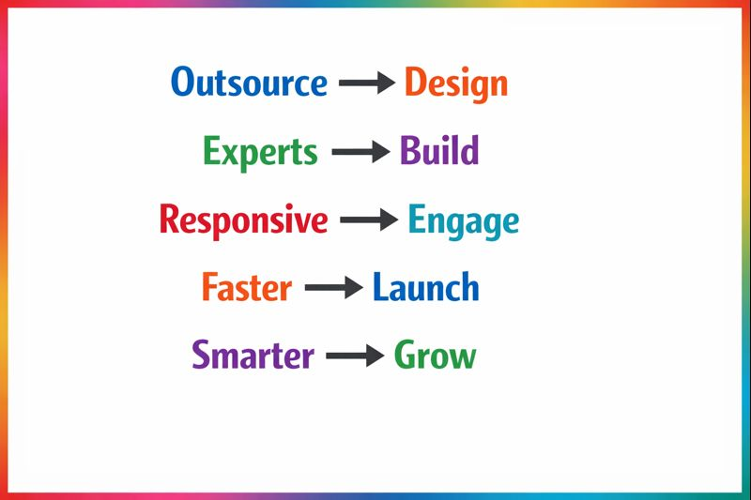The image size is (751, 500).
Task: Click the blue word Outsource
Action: point(249,83)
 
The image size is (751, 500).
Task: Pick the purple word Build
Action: point(439,151)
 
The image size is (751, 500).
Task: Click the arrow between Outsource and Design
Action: point(366,83)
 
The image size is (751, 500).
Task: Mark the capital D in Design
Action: point(415,83)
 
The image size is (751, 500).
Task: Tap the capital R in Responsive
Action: point(169,220)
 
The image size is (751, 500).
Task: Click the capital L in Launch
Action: point(380,287)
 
